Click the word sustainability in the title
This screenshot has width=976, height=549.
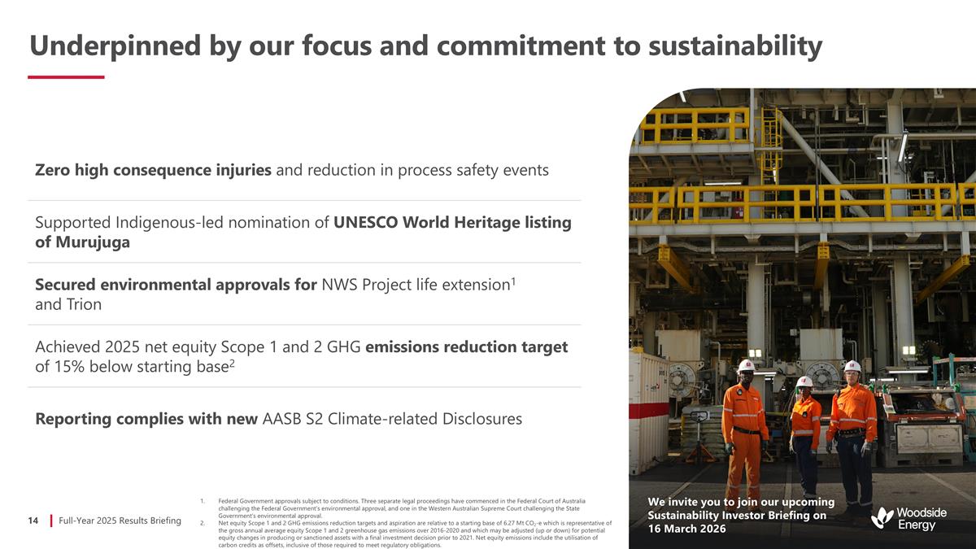735,46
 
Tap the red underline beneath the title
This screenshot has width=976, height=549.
66,77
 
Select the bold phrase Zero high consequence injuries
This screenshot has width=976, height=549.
153,170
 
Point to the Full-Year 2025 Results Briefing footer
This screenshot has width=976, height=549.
120,521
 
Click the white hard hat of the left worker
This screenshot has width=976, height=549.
746,366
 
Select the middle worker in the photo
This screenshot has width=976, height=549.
805,431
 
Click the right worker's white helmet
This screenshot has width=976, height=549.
852,367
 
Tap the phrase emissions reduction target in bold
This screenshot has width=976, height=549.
466,347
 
